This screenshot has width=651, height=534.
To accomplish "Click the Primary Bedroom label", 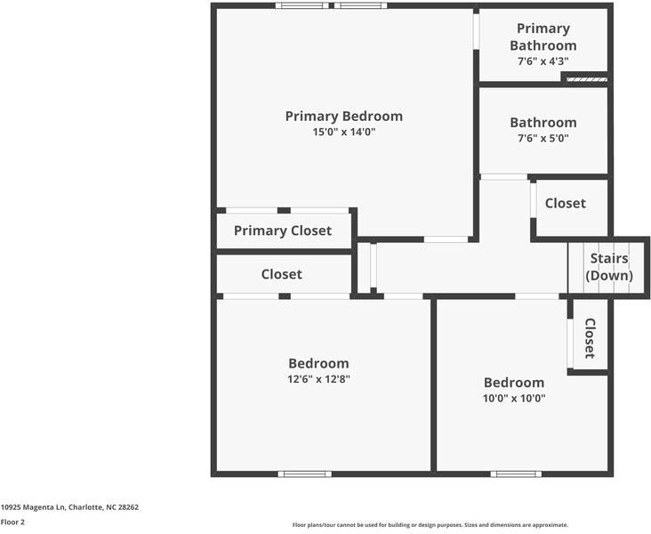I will pos(343,116).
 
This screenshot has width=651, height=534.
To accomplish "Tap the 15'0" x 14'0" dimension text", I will pos(343,132).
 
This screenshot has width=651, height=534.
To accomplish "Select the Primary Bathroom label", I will pos(542,37).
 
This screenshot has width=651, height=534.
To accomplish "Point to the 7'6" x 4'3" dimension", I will pos(542,61).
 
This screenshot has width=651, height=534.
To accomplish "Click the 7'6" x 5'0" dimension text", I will pos(542,138).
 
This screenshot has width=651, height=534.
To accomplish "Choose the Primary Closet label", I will pos(283,231).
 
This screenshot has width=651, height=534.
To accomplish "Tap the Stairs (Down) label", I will pos(609,267).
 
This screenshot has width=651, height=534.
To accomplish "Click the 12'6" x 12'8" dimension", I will pos(318,378).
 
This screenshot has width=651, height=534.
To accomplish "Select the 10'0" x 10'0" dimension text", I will pos(514,398).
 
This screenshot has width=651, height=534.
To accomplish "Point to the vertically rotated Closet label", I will pos(590,338).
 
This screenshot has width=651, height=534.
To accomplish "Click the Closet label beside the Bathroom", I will pos(566,203).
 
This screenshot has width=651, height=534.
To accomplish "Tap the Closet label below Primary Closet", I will pos(281,274).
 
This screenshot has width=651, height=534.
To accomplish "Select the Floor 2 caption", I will pos(13,522).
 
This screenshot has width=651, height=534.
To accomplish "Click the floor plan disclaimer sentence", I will pos(430,525).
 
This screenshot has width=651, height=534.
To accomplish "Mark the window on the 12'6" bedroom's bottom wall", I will pos(305,473).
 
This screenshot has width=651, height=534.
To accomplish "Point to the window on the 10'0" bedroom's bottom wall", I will pos(516,473).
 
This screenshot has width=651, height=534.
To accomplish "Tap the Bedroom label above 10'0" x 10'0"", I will pos(514,382).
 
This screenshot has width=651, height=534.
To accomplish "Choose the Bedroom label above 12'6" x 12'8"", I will pos(318,363).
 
